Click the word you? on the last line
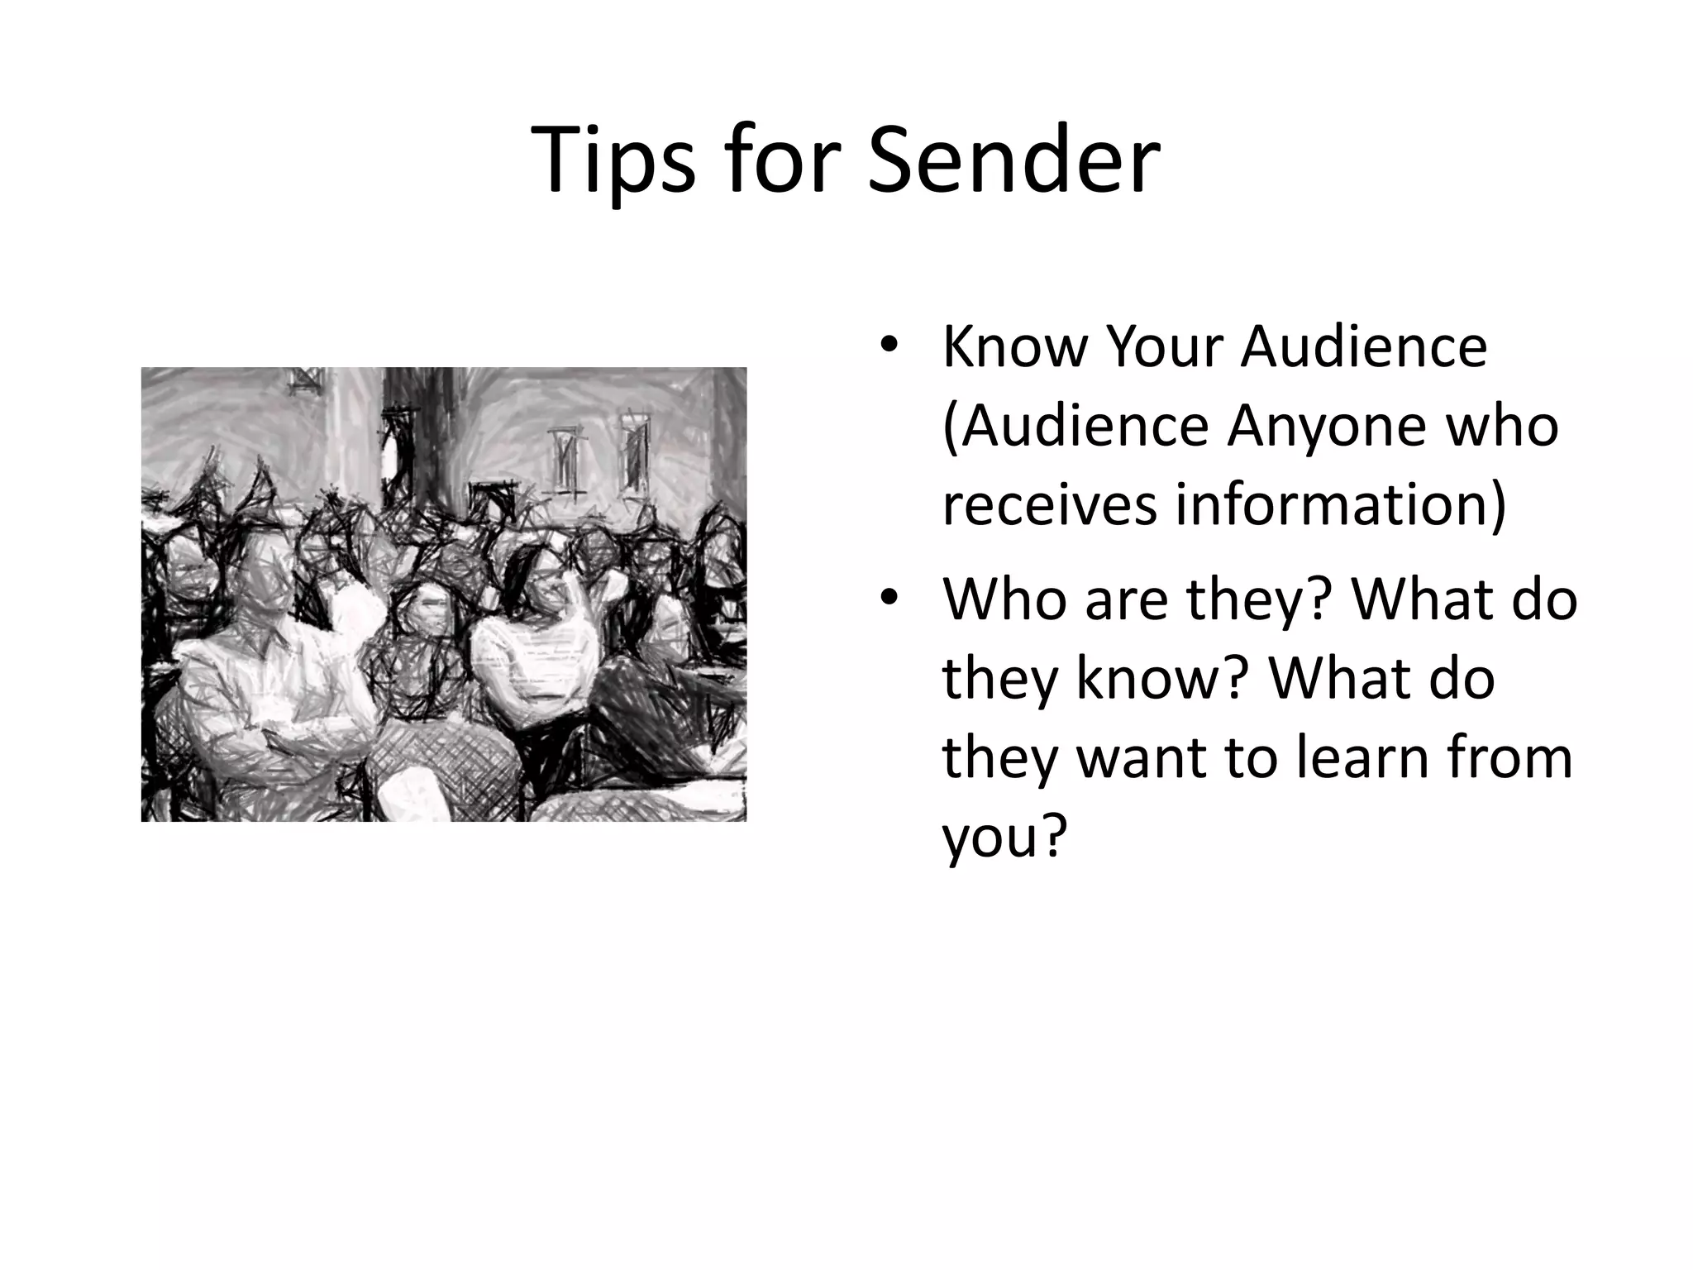coord(1001,837)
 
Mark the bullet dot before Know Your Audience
coord(888,346)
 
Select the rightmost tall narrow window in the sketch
coord(634,451)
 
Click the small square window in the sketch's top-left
coord(304,381)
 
